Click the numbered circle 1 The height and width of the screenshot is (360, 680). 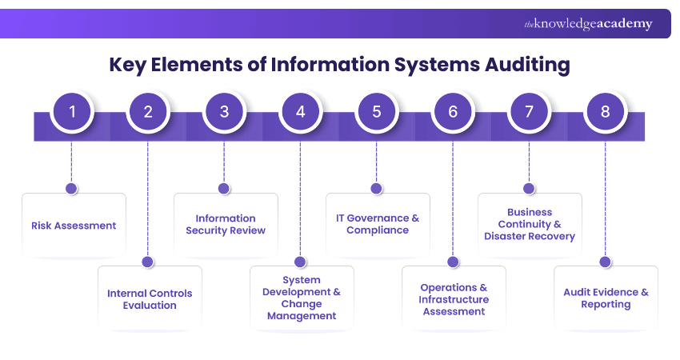tap(72, 112)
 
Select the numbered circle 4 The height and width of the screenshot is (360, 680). tap(301, 112)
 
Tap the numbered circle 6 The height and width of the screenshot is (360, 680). tap(453, 112)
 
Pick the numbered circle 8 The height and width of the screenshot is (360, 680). tap(606, 112)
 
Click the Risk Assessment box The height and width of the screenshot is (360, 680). tap(74, 226)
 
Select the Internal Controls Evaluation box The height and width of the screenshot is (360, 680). tap(150, 299)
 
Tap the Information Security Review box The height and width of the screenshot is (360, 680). tap(226, 224)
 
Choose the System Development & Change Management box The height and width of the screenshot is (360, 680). tap(302, 298)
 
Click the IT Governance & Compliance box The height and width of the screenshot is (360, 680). tap(378, 224)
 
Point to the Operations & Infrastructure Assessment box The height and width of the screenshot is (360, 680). tap(454, 299)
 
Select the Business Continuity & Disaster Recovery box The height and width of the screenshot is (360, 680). tap(530, 225)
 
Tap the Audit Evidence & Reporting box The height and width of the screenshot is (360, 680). tap(606, 298)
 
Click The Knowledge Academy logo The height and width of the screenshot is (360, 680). tap(588, 24)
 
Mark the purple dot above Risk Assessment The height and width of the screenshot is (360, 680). tap(71, 189)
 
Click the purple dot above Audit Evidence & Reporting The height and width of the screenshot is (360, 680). tap(606, 262)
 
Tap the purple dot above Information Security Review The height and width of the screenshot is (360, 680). tap(224, 189)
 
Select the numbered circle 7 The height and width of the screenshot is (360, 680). tap(529, 112)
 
